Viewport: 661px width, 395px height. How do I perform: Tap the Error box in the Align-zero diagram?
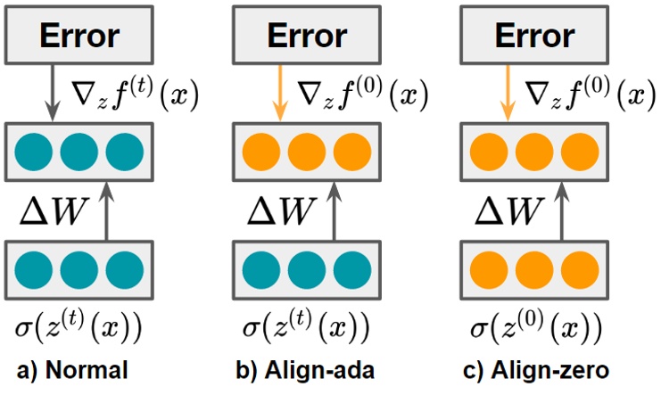click(x=533, y=37)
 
